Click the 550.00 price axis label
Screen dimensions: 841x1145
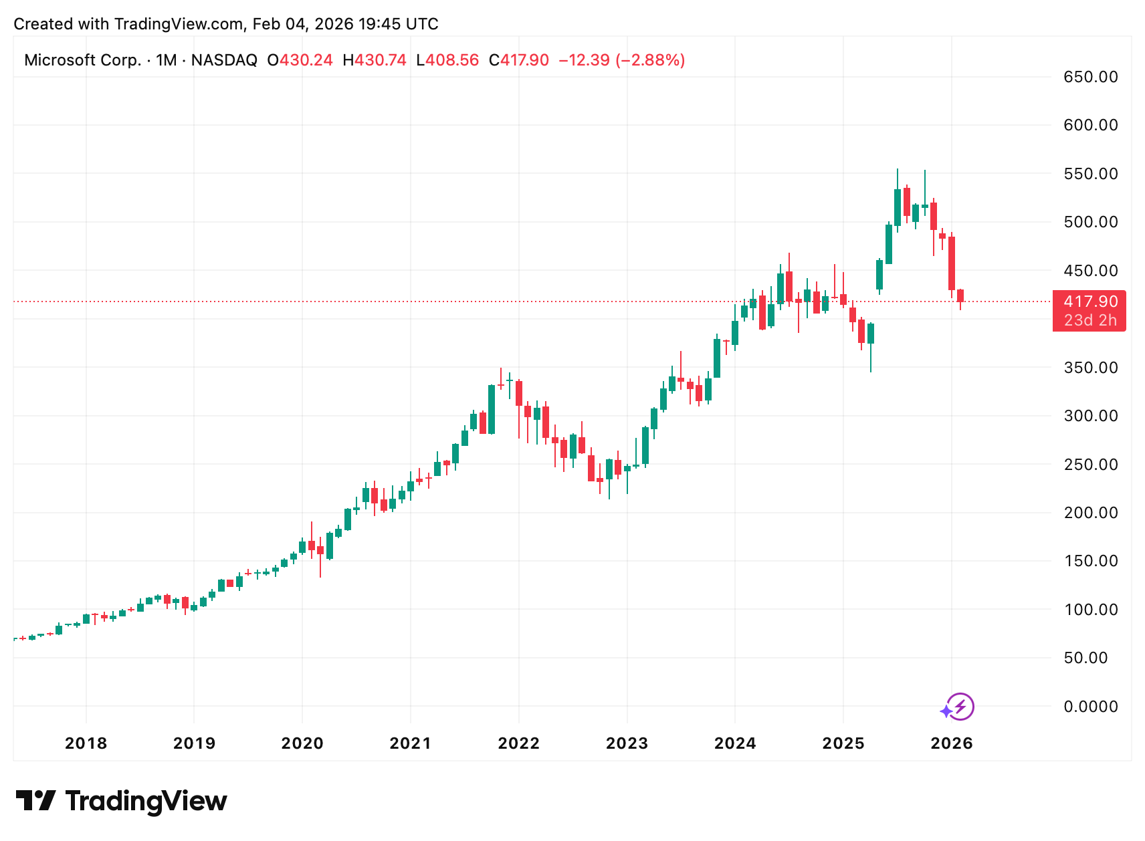pos(1090,174)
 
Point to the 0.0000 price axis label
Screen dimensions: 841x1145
pos(1090,707)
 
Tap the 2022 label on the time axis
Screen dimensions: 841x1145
pos(518,743)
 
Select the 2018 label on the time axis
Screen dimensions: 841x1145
pos(86,743)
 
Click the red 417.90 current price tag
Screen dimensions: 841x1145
pos(1090,302)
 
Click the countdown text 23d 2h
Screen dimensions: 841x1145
pos(1090,321)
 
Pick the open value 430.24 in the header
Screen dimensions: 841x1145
pos(306,60)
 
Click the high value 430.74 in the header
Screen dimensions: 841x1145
pos(380,60)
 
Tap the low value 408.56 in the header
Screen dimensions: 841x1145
pos(452,60)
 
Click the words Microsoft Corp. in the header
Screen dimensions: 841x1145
pos(82,60)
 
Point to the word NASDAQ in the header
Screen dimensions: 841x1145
pos(224,60)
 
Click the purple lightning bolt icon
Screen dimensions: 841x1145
pos(960,707)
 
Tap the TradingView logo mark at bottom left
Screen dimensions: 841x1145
pos(35,800)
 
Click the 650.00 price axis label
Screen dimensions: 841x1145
pos(1090,77)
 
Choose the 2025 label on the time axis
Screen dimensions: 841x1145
pos(843,743)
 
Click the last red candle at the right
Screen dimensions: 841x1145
pos(960,295)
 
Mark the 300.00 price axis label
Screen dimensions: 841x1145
pos(1090,416)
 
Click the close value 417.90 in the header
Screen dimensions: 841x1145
pos(524,60)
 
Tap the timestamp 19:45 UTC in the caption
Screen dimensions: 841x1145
pos(398,24)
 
